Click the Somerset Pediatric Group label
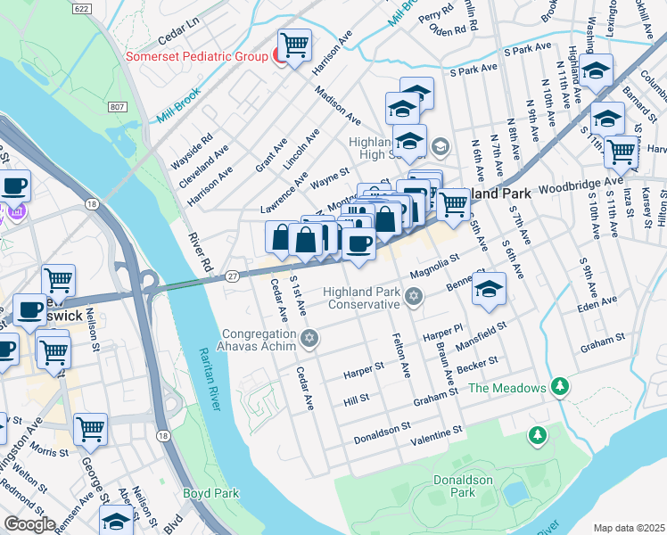[196, 57]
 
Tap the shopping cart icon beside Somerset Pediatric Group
[293, 44]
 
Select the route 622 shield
[81, 8]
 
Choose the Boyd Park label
[210, 493]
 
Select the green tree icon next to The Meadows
[559, 387]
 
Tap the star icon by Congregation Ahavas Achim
[309, 337]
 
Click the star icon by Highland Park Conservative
[413, 296]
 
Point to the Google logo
[29, 524]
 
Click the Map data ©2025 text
[628, 528]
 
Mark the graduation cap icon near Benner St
[489, 289]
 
